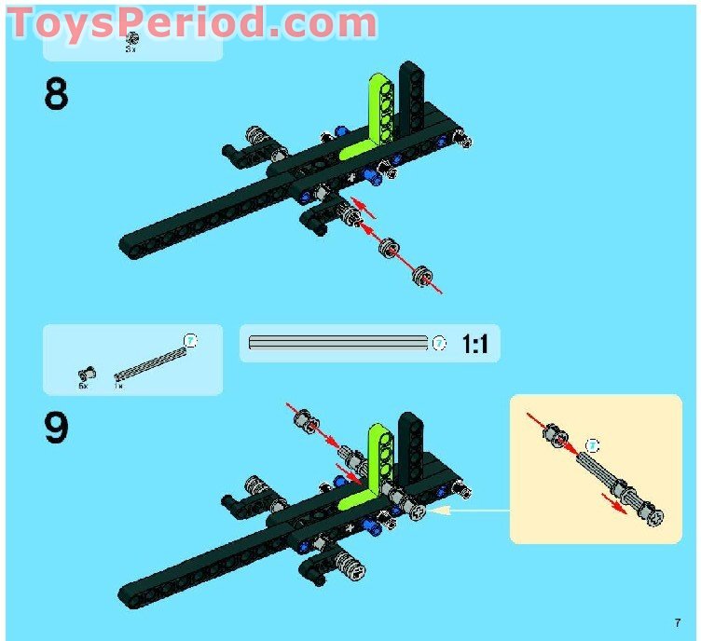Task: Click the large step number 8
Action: click(x=56, y=94)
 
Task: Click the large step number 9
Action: click(x=56, y=427)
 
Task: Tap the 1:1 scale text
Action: click(x=474, y=345)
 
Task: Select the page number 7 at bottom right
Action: click(x=678, y=622)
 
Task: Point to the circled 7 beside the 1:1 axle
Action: click(x=440, y=344)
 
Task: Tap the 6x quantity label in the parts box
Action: click(x=82, y=385)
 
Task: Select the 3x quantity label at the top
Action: click(x=131, y=48)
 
